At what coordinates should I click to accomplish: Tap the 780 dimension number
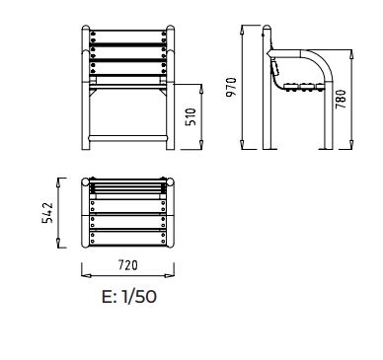click(x=341, y=102)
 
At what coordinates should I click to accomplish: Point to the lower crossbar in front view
click(x=125, y=136)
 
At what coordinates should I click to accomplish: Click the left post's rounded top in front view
click(x=85, y=29)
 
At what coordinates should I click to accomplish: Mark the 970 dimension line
click(x=243, y=88)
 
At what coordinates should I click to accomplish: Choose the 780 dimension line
click(x=351, y=102)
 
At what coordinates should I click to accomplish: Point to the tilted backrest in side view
click(x=273, y=69)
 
